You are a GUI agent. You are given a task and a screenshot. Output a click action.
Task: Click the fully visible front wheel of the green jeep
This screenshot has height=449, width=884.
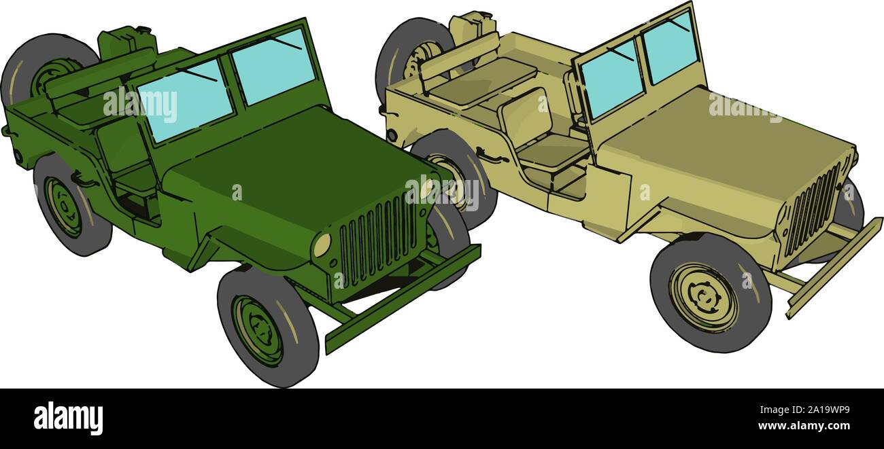(x=267, y=327)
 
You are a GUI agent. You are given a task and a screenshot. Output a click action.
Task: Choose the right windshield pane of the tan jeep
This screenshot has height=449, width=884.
(x=670, y=47)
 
